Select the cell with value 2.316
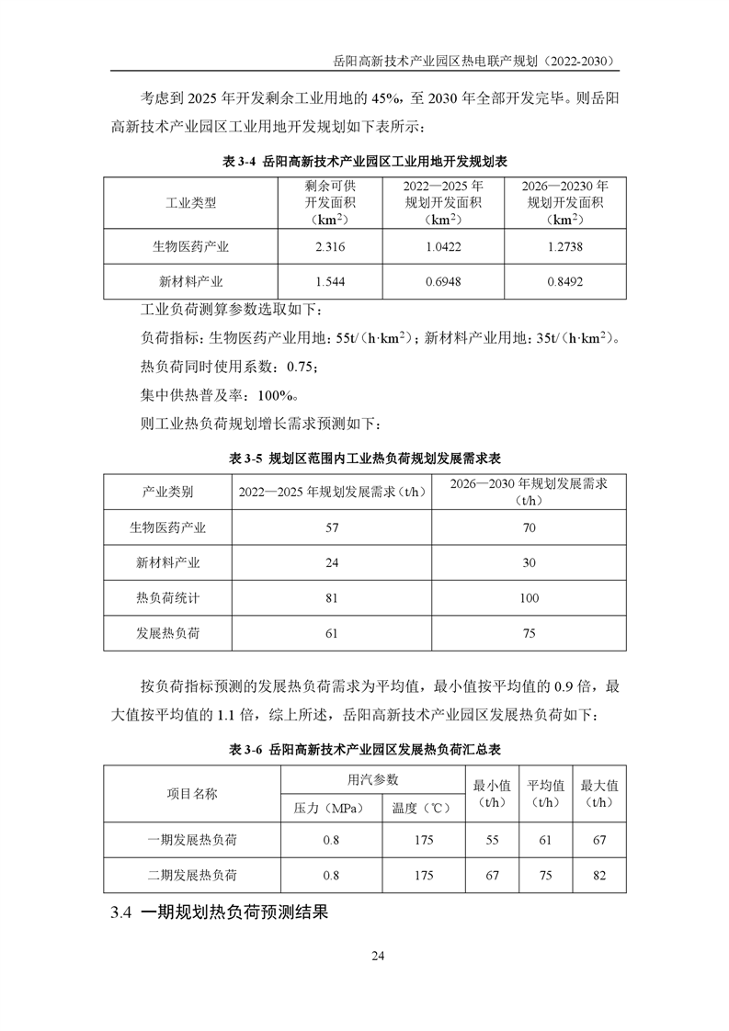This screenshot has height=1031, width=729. coord(329,247)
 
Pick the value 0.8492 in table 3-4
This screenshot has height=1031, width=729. coord(564,282)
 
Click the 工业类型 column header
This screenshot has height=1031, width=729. coord(191,202)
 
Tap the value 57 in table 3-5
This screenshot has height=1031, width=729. coord(332,527)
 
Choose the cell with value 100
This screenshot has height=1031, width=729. coord(529,598)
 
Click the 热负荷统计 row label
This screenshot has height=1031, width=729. coord(167,598)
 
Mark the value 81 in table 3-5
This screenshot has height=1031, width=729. coord(332,598)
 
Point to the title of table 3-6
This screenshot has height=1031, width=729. coord(365,750)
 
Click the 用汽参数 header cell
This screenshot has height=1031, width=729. coord(372,779)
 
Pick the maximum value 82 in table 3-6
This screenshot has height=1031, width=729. coord(600,876)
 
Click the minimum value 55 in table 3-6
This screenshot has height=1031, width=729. coord(493,840)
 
